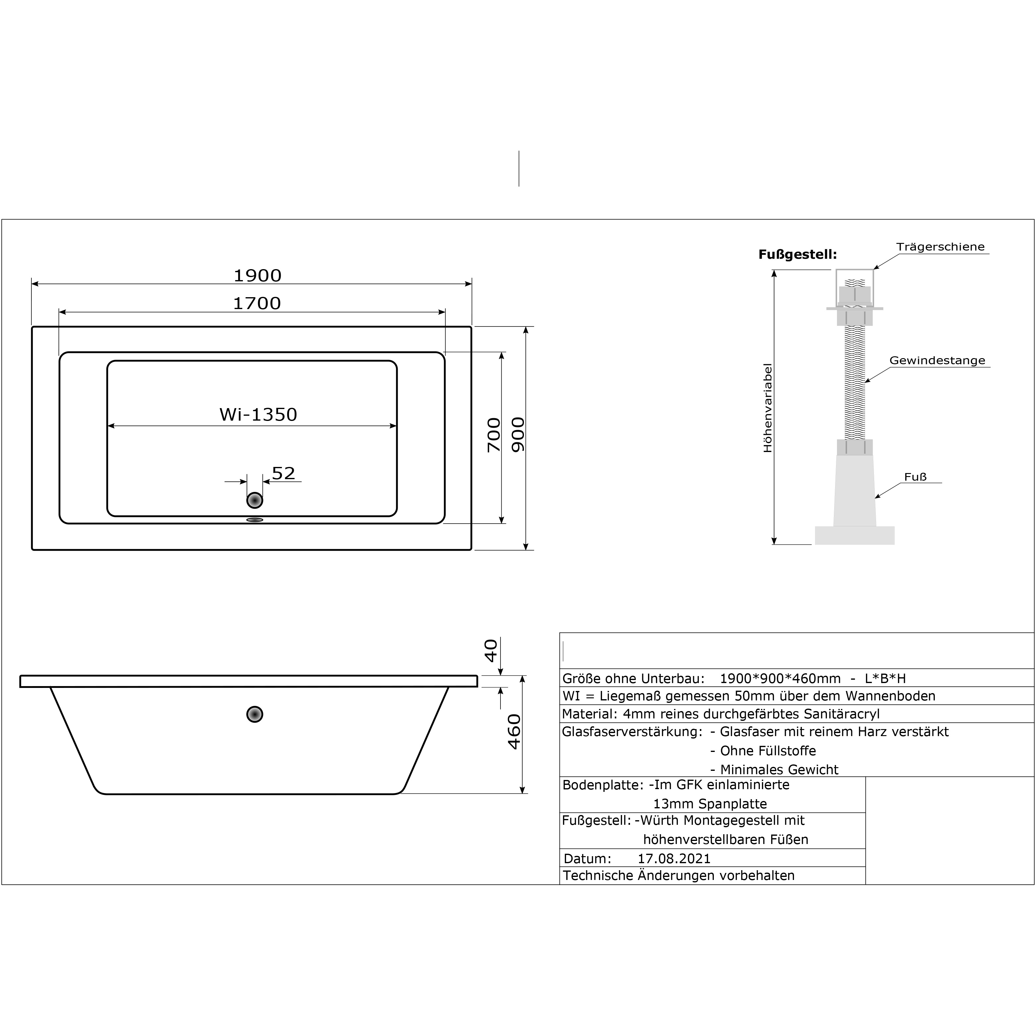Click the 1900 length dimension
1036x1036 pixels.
click(257, 276)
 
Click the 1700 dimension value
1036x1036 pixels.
click(257, 304)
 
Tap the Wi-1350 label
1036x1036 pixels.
click(258, 415)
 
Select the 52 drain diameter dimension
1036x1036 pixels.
click(284, 473)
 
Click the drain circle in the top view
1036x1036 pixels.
click(255, 500)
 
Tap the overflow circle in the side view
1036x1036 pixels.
click(255, 714)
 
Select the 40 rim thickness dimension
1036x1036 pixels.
click(491, 650)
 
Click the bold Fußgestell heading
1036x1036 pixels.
click(797, 255)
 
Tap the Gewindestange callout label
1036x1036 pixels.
click(937, 360)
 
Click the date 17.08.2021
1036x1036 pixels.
click(674, 859)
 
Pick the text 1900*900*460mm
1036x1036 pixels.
click(780, 678)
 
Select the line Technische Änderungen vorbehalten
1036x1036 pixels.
click(679, 876)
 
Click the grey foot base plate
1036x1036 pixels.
click(855, 535)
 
